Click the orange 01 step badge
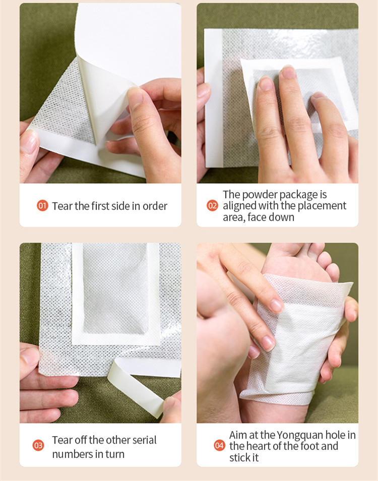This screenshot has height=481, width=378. [x=42, y=206]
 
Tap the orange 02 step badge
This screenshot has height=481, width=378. [x=212, y=206]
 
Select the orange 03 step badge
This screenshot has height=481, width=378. [x=38, y=445]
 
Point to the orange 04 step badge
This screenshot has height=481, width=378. [x=220, y=445]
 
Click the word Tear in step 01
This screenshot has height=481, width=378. [x=62, y=206]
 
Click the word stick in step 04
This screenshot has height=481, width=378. [x=239, y=457]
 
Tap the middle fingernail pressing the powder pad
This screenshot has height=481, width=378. [x=288, y=73]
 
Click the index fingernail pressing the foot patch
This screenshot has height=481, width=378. [x=276, y=306]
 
